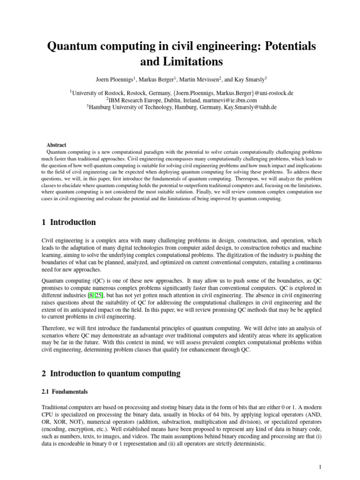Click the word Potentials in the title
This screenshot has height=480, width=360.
point(284,46)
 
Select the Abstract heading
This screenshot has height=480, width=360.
point(56,145)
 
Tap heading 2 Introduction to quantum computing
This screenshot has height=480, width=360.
point(111,373)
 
